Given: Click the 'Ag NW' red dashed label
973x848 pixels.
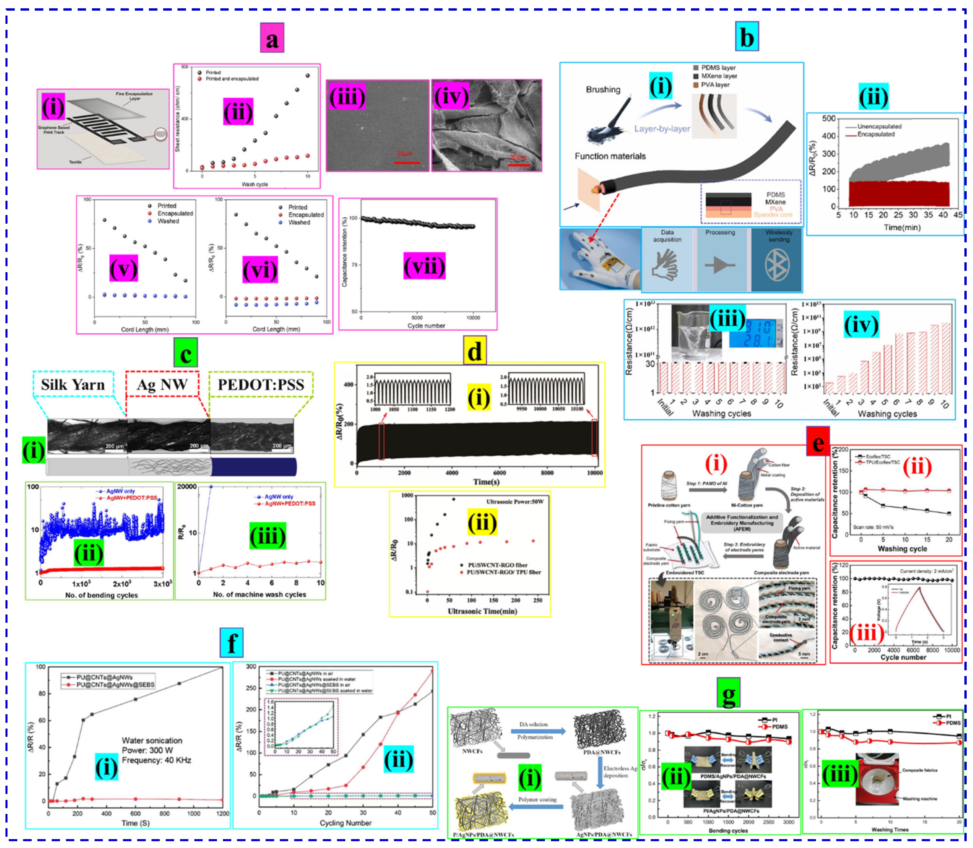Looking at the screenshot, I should [x=162, y=384].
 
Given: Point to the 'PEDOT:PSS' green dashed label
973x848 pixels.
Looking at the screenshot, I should [x=261, y=384].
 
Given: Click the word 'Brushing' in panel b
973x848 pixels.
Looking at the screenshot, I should [x=603, y=89].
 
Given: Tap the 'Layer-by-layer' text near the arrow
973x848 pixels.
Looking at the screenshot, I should [x=662, y=129].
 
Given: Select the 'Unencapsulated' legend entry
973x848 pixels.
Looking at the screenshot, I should [x=879, y=126].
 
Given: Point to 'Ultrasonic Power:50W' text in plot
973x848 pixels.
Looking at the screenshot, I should [x=515, y=501].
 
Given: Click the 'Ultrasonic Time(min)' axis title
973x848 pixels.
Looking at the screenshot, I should [x=482, y=611].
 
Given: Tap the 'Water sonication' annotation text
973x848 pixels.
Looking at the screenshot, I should [x=152, y=741].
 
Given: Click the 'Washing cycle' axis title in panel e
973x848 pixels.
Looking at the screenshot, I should [x=902, y=549].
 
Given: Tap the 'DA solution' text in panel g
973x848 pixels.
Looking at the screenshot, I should [x=533, y=725].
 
